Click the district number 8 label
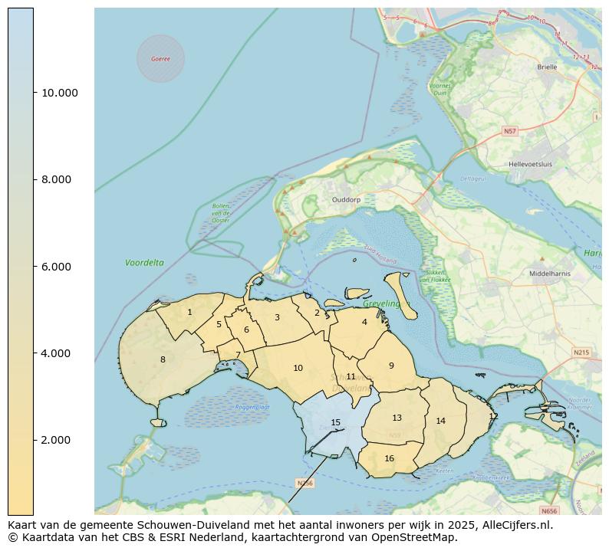[163, 359]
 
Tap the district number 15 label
[335, 422]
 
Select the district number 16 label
[389, 458]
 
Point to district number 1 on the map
[189, 312]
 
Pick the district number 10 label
[298, 369]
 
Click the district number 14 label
[440, 421]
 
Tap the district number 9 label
[390, 366]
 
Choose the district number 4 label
[364, 322]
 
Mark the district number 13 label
[397, 418]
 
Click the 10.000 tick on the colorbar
[59, 93]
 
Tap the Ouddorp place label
[346, 200]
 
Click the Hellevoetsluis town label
[531, 164]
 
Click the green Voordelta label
[144, 263]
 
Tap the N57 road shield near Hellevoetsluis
[510, 132]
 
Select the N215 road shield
[581, 353]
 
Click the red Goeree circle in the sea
[160, 59]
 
